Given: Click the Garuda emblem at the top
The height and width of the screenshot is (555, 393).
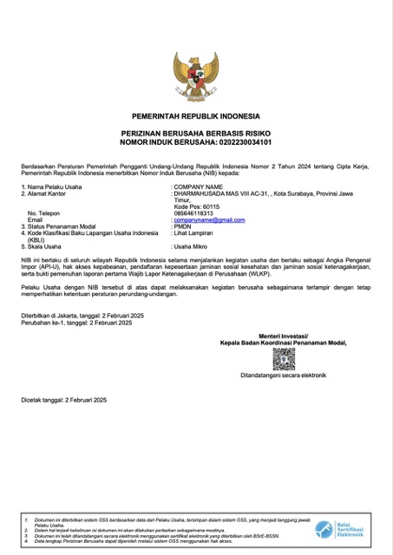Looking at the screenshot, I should coord(196,78).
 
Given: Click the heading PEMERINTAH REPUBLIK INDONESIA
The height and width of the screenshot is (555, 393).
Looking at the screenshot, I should coord(196,114).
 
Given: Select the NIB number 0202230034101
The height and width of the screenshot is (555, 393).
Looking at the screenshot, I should coord(244,140).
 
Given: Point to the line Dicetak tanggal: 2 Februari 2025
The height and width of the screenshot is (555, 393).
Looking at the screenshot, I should coord(63,399).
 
